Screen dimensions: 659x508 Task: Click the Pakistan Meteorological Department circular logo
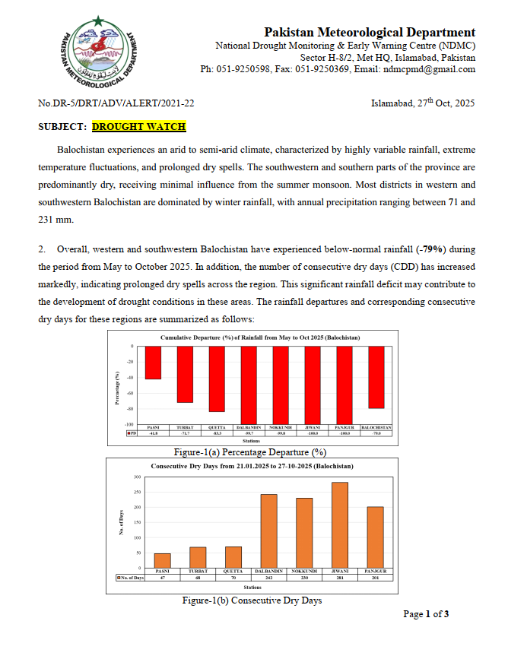(103, 57)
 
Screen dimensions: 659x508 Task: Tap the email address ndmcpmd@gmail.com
(428, 69)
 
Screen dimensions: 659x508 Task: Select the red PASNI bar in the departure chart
(153, 363)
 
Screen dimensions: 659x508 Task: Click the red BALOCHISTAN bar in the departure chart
(376, 377)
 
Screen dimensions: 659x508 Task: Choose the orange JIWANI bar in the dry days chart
(340, 524)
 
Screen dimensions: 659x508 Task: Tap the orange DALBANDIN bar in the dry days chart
(269, 531)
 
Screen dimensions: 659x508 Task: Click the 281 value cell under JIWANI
(340, 578)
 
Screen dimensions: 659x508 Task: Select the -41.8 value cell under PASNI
(153, 433)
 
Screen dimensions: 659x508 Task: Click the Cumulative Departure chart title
(259, 336)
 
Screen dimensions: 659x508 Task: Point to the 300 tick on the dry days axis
(138, 477)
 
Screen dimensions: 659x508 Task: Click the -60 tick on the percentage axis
(130, 393)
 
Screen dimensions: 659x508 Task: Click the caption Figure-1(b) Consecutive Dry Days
(252, 600)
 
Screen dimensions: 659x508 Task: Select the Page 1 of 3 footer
(425, 614)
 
